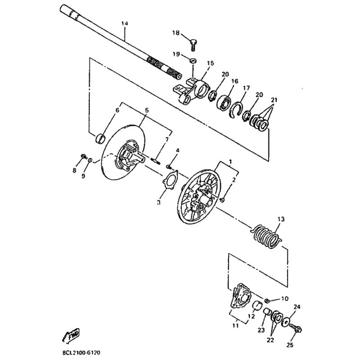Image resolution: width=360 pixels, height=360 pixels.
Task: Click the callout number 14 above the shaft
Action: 125,23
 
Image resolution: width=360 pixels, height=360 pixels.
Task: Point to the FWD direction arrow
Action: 71,336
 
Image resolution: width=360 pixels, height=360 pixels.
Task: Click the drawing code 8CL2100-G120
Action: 81,352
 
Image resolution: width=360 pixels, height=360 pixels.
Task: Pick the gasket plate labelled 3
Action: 170,181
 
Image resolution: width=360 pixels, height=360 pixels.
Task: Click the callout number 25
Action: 290,345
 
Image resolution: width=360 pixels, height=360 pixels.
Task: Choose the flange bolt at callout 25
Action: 296,328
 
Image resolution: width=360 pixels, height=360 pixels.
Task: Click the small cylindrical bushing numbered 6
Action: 100,138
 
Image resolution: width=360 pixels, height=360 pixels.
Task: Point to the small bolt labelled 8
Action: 84,156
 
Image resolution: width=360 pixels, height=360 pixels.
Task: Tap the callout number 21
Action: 274,100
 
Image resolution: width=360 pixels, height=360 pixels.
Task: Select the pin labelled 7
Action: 156,160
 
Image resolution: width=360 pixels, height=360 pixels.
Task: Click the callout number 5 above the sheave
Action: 147,110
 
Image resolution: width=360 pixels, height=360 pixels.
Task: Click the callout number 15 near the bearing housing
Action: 210,63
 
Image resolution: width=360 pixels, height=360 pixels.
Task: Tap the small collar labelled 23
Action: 268,312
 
